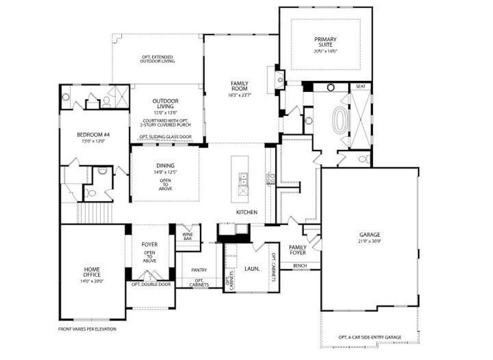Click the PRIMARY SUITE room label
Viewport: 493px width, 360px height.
coord(325,43)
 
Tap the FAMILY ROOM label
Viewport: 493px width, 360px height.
coord(240,86)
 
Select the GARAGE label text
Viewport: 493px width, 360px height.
coord(369,235)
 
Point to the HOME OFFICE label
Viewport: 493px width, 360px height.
coord(92,271)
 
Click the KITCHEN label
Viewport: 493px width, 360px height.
coord(246,212)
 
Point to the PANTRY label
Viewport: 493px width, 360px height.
coord(199,270)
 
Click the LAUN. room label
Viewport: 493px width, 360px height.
coord(252,269)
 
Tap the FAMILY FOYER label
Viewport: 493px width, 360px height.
coord(298,250)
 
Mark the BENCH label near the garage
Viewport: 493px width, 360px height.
coord(300,265)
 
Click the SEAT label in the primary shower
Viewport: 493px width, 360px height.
coord(360,86)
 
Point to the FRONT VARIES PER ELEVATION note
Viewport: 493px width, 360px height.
coord(87,329)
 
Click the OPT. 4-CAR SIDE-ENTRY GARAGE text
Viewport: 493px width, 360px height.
coord(369,337)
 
